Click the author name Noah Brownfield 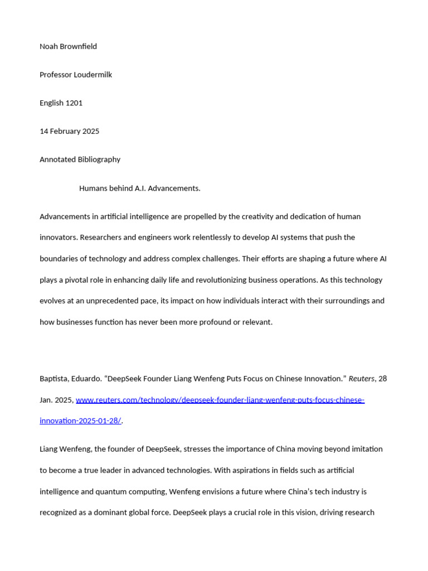click(68, 46)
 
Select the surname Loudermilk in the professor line click(93, 75)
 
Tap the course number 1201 click(74, 103)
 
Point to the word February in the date click(65, 132)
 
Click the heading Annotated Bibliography click(80, 159)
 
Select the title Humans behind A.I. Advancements click(139, 188)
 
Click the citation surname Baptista click(55, 379)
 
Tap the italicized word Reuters click(361, 379)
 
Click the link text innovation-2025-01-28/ click(80, 421)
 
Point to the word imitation click(366, 449)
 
